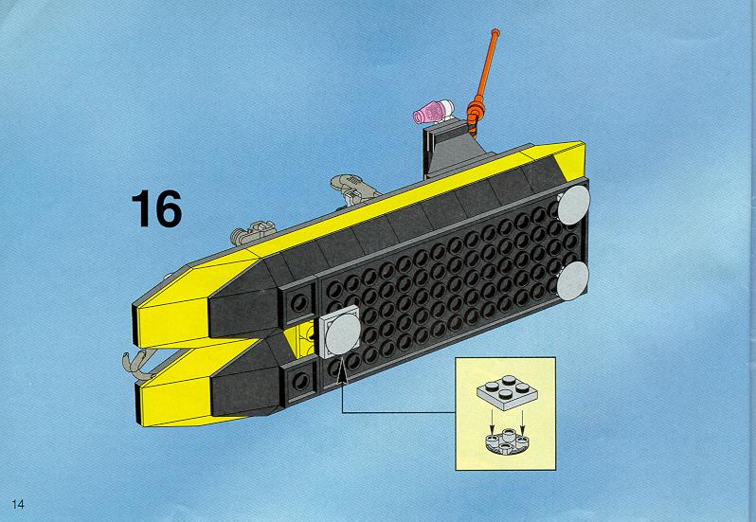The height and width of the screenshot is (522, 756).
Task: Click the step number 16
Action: coord(156,208)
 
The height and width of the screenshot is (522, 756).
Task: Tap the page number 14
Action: coord(18,504)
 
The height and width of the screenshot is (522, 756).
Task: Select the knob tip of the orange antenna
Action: coord(495,33)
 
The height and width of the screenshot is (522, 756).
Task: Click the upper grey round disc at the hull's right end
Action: coord(573,205)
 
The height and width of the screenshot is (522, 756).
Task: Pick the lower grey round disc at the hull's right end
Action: coord(573,281)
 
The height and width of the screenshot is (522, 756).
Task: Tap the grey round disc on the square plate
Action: coord(343,333)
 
